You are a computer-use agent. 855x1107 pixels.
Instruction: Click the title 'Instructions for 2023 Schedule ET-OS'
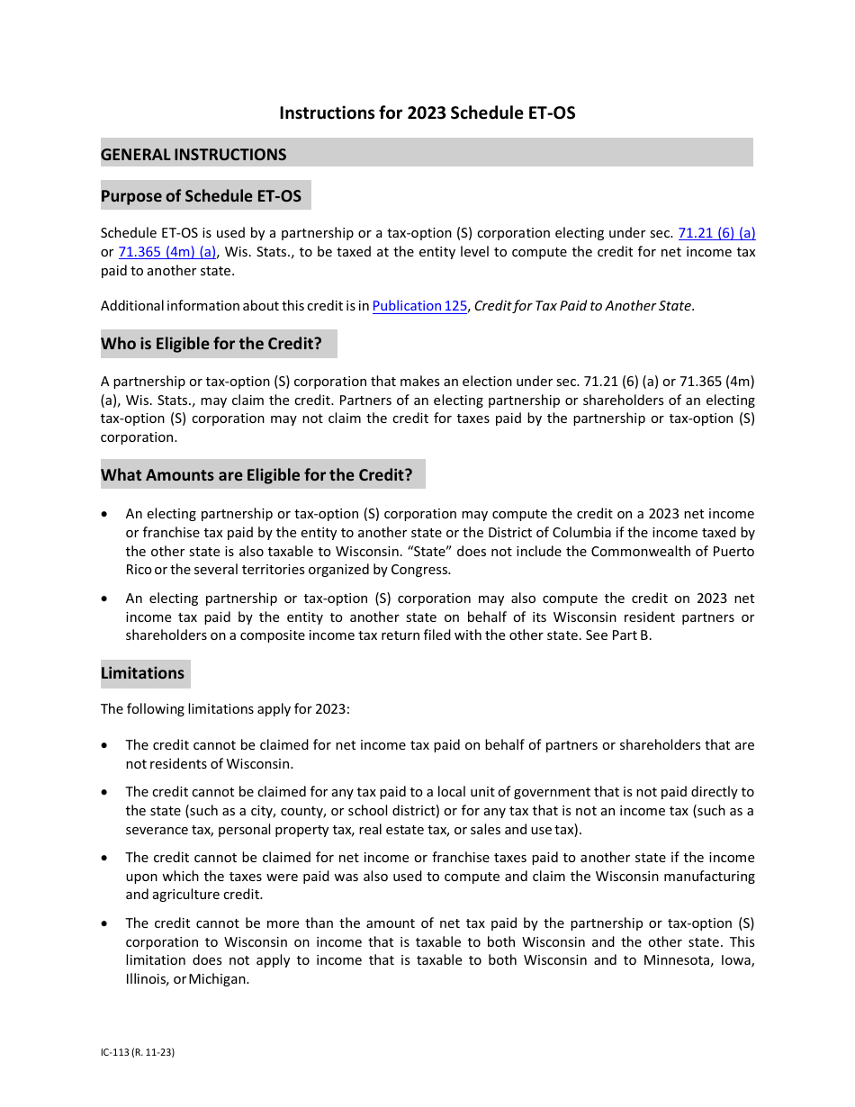427,113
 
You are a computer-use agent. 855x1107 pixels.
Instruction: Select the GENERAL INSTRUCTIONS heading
193,155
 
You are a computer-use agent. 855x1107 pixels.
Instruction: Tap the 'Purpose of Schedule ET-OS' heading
201,196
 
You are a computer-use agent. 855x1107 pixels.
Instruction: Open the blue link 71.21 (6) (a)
716,233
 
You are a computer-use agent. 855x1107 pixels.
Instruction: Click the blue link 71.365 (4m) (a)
167,252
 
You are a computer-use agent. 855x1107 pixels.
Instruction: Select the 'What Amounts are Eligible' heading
256,475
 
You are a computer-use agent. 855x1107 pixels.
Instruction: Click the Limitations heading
142,673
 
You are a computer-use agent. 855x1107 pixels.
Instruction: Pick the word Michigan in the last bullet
219,979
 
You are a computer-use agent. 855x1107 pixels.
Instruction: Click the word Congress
421,570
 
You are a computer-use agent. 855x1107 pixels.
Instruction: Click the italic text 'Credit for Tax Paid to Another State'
583,306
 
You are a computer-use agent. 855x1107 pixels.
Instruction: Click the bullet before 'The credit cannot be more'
105,923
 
